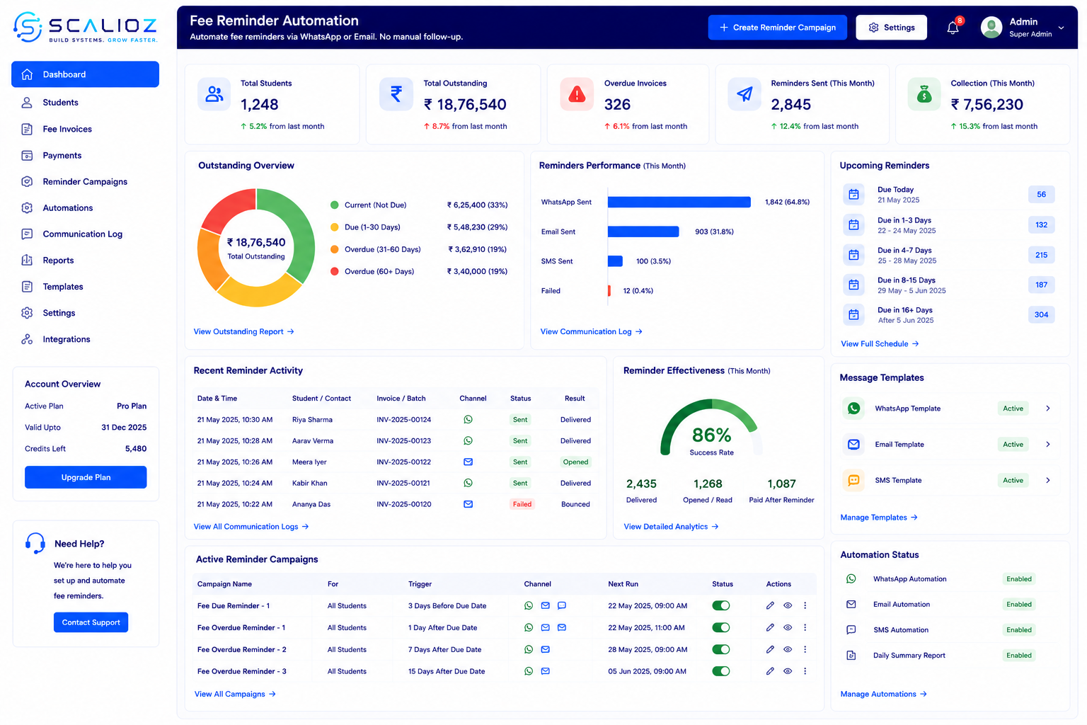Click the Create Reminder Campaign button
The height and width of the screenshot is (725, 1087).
pyautogui.click(x=778, y=27)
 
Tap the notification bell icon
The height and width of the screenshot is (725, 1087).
pyautogui.click(x=953, y=28)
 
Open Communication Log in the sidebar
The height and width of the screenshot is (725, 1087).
pyautogui.click(x=83, y=234)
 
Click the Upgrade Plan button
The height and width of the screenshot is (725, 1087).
pyautogui.click(x=86, y=477)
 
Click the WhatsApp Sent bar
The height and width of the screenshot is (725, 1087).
pyautogui.click(x=679, y=202)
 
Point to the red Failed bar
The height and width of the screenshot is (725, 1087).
pyautogui.click(x=609, y=291)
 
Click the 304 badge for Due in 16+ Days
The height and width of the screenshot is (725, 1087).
pyautogui.click(x=1041, y=314)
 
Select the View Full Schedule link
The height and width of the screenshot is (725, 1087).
pyautogui.click(x=880, y=344)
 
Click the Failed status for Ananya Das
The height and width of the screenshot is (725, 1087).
pyautogui.click(x=522, y=504)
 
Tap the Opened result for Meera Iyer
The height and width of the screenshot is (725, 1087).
pyautogui.click(x=575, y=462)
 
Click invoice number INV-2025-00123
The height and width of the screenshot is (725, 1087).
pyautogui.click(x=404, y=441)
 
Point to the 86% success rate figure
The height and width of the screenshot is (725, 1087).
pyautogui.click(x=711, y=435)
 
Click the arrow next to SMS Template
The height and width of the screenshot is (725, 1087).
pyautogui.click(x=1048, y=480)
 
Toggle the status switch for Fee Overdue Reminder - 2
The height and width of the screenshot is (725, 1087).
pyautogui.click(x=721, y=649)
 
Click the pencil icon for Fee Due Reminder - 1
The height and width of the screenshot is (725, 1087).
pyautogui.click(x=770, y=605)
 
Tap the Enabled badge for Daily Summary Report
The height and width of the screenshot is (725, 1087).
pyautogui.click(x=1018, y=655)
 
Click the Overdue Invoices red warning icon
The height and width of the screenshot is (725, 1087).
pyautogui.click(x=577, y=94)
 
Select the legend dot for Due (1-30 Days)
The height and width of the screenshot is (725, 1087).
pyautogui.click(x=334, y=227)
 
